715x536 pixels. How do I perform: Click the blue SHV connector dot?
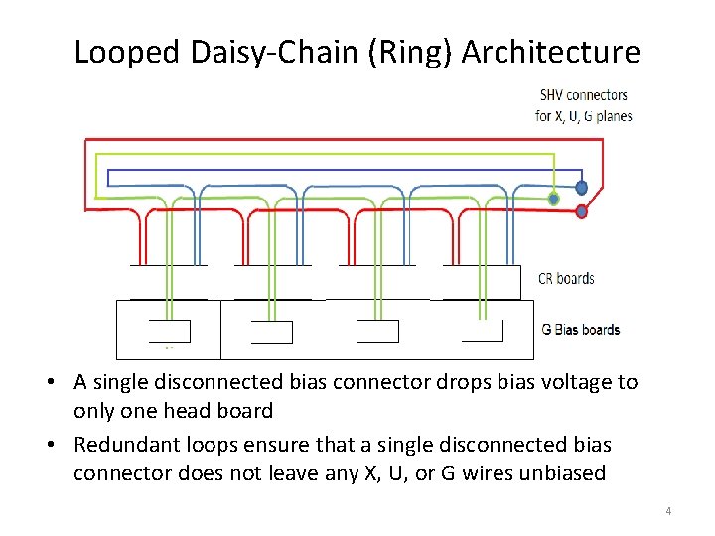tap(581, 187)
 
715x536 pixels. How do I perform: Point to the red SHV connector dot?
tap(582, 211)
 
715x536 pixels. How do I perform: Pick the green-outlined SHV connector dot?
tap(554, 200)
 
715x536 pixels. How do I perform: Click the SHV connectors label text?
tap(583, 95)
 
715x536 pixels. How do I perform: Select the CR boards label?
tap(566, 278)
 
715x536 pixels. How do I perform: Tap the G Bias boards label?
tap(581, 330)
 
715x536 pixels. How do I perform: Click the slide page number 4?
tap(668, 511)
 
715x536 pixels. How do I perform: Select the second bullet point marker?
tap(61, 446)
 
